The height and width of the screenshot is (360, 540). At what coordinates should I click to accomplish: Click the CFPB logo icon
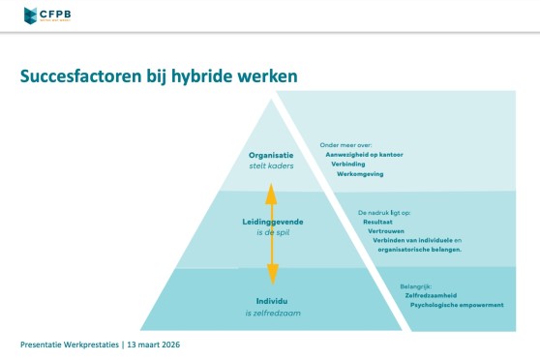[x=30, y=15]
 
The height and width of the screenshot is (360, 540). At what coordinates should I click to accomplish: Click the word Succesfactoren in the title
[x=81, y=76]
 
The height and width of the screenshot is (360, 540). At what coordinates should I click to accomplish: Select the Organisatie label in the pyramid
[x=271, y=156]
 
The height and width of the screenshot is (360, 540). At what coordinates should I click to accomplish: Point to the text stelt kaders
[x=271, y=166]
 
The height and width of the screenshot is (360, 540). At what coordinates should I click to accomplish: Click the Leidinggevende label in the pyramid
[x=273, y=222]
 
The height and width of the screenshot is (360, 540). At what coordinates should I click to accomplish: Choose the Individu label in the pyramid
[x=272, y=301]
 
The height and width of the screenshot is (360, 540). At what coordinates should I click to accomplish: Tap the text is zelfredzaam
[x=273, y=314]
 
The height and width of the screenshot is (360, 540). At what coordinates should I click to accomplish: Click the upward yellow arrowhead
[x=271, y=195]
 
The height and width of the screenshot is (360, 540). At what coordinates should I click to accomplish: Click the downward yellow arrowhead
[x=273, y=274]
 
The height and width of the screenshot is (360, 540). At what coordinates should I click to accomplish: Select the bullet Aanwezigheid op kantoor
[x=364, y=155]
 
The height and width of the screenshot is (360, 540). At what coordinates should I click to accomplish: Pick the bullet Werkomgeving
[x=360, y=174]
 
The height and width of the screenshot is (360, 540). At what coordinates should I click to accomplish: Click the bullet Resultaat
[x=377, y=222]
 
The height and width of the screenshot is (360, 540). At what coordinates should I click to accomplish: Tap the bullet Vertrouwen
[x=386, y=231]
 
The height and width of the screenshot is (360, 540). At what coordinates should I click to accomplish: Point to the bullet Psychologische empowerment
[x=457, y=305]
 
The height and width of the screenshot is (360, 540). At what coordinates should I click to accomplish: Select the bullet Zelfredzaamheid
[x=431, y=295]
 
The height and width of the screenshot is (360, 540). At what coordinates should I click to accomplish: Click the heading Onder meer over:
[x=345, y=145]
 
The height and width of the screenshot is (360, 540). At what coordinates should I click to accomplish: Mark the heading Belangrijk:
[x=416, y=286]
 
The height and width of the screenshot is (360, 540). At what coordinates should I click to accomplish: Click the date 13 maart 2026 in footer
[x=154, y=345]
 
